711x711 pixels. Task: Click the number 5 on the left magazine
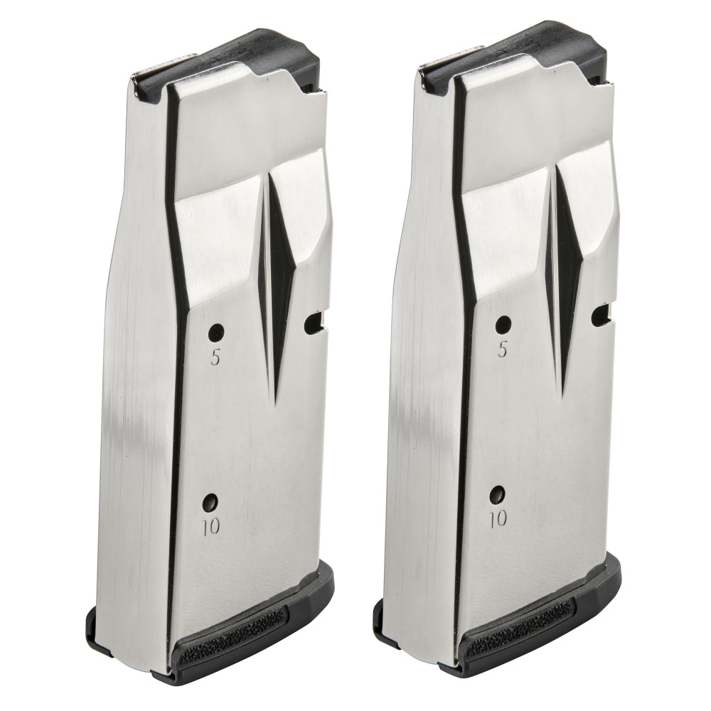(215, 358)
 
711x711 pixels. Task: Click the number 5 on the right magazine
(503, 350)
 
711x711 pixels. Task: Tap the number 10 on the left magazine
(211, 526)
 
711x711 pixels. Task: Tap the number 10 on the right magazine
(498, 518)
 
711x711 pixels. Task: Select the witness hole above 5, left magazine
(216, 332)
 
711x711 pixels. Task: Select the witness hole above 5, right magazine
(503, 325)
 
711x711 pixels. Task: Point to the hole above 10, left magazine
(210, 501)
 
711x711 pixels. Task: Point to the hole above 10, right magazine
(499, 493)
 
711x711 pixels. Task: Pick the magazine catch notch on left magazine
(314, 324)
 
